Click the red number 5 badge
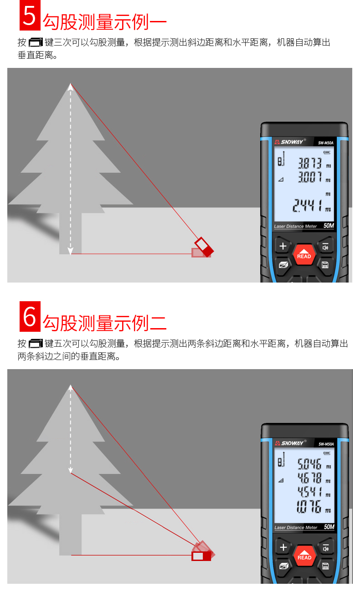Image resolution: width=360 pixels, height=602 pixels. pyautogui.click(x=30, y=15)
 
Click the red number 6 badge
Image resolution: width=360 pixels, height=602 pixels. pyautogui.click(x=30, y=316)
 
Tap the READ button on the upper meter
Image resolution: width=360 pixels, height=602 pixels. pyautogui.click(x=304, y=254)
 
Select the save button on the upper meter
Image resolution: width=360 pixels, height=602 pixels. pyautogui.click(x=325, y=265)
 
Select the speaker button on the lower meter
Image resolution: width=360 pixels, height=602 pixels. pyautogui.click(x=326, y=548)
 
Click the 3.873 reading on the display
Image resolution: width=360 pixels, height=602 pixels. pyautogui.click(x=310, y=163)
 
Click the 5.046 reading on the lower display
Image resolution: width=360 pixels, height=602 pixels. pyautogui.click(x=309, y=464)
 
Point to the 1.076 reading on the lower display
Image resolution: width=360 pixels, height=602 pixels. pyautogui.click(x=309, y=507)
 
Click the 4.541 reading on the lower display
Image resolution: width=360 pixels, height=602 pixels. pyautogui.click(x=309, y=492)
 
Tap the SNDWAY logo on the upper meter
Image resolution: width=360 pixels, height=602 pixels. pyautogui.click(x=290, y=142)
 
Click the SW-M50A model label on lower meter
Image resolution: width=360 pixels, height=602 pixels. pyautogui.click(x=326, y=444)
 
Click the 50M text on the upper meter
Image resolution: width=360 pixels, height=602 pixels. pyautogui.click(x=329, y=226)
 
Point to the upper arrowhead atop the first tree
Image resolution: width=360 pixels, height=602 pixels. pyautogui.click(x=71, y=87)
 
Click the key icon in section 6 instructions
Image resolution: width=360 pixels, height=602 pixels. pyautogui.click(x=36, y=344)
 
